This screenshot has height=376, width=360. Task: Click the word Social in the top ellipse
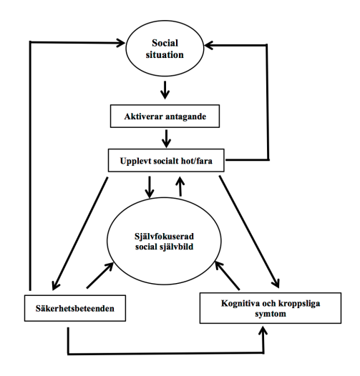[165, 43]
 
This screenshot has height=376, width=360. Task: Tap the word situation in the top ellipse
[165, 54]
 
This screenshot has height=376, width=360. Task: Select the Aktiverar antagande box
[165, 116]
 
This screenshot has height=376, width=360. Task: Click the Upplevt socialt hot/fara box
[166, 160]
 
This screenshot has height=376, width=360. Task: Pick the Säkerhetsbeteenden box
[75, 308]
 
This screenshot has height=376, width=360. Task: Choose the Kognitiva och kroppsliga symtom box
[271, 308]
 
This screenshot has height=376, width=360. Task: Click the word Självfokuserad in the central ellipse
[164, 237]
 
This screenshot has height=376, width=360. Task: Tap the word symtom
[271, 314]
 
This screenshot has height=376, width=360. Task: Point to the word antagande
[186, 117]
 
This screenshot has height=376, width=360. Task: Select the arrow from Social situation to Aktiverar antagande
[165, 90]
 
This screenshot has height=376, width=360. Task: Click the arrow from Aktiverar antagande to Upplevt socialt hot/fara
[166, 139]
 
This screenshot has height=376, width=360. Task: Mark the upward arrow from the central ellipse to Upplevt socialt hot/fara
[180, 187]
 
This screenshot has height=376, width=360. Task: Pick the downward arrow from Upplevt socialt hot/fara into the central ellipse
[150, 187]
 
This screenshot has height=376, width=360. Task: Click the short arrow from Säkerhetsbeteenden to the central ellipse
[100, 275]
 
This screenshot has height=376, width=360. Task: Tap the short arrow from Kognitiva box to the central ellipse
[227, 276]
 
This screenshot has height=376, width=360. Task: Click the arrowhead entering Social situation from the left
[120, 43]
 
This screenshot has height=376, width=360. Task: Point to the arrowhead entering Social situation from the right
[209, 45]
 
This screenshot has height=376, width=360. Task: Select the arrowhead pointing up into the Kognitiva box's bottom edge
[263, 330]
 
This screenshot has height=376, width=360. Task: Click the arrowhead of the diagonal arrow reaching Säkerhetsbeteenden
[55, 285]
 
